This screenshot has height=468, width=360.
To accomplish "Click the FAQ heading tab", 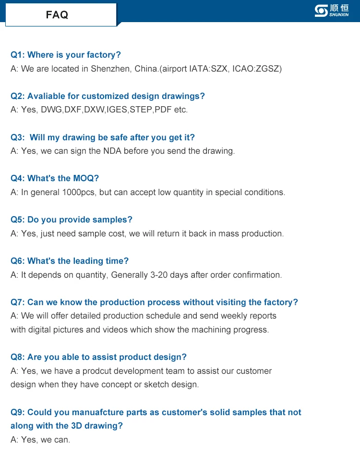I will pos(58,15).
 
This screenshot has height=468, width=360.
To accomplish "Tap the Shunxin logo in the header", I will pos(331,11).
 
